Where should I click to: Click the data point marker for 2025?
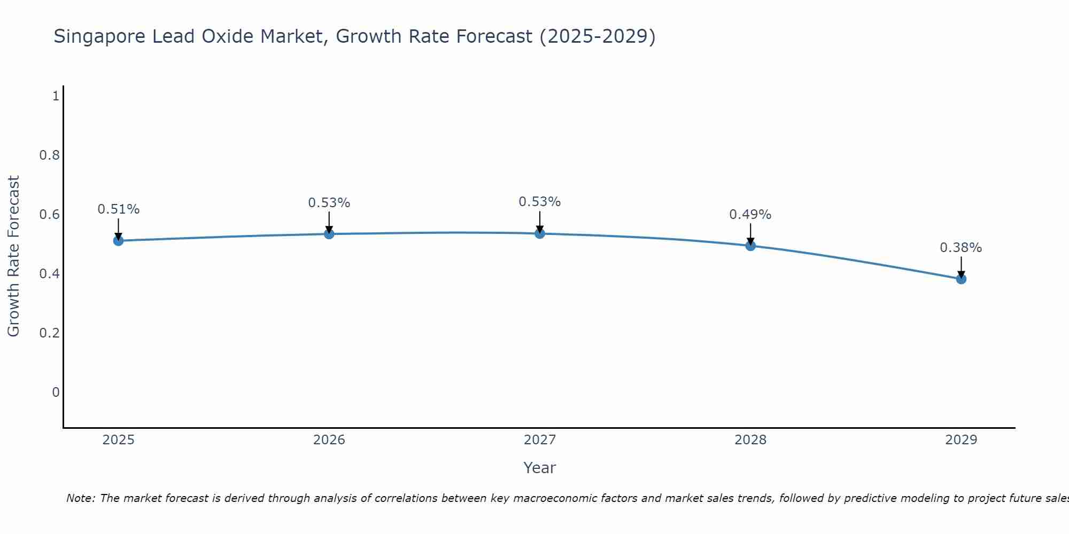(x=118, y=241)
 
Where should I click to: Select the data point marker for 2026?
(x=329, y=234)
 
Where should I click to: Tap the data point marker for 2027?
(x=540, y=233)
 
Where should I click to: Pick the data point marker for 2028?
(x=750, y=246)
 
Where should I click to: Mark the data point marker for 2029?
(x=961, y=279)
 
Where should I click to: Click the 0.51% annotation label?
(x=118, y=209)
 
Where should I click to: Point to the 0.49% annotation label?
(x=750, y=215)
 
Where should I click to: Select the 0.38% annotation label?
(x=960, y=248)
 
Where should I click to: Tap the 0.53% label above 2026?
(x=329, y=203)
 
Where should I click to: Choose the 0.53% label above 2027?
(x=539, y=202)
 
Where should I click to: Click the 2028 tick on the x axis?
(x=750, y=440)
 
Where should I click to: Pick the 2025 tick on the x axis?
(x=118, y=440)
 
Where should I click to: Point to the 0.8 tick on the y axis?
(x=49, y=155)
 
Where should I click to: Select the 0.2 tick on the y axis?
(x=49, y=333)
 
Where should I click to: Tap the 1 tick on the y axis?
(x=56, y=96)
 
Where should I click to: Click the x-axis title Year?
(x=539, y=468)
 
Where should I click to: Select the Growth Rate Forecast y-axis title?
(x=13, y=256)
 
